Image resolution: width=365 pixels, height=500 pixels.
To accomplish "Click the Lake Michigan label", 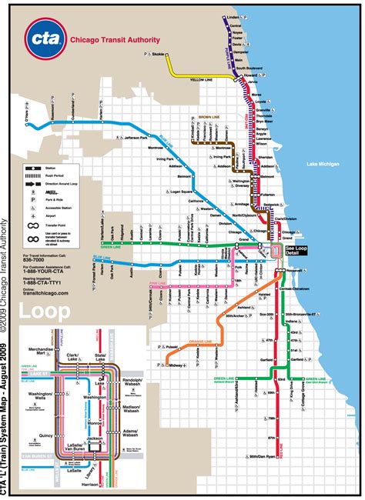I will [x=322, y=164].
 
